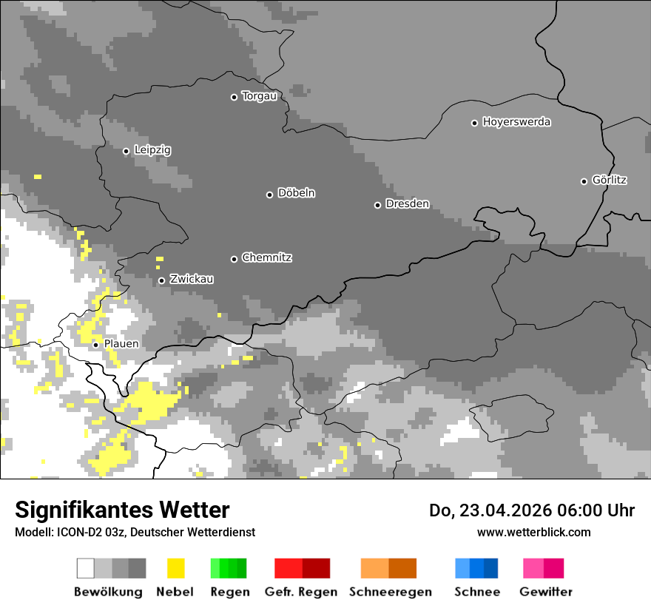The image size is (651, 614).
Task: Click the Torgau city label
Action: click(x=259, y=96)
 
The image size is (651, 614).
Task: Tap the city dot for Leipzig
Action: click(x=126, y=151)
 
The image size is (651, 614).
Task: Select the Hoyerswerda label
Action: click(x=516, y=122)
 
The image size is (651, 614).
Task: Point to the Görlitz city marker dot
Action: click(x=584, y=181)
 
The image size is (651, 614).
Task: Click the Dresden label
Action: click(x=407, y=204)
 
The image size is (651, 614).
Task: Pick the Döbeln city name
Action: click(x=296, y=194)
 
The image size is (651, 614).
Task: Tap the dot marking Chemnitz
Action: click(x=234, y=259)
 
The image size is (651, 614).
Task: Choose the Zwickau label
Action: click(x=192, y=280)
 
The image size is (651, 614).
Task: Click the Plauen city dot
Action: click(x=95, y=345)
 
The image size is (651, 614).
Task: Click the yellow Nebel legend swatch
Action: click(x=176, y=568)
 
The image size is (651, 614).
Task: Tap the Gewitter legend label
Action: click(x=546, y=592)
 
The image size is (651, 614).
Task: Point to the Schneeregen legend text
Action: click(x=390, y=592)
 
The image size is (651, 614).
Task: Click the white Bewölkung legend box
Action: click(x=86, y=568)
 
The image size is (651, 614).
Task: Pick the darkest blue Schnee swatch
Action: click(x=491, y=568)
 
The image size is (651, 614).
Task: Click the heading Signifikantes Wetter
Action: click(x=122, y=510)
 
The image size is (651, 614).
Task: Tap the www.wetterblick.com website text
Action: click(x=533, y=532)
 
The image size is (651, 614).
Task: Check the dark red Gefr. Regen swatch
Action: click(x=317, y=568)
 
